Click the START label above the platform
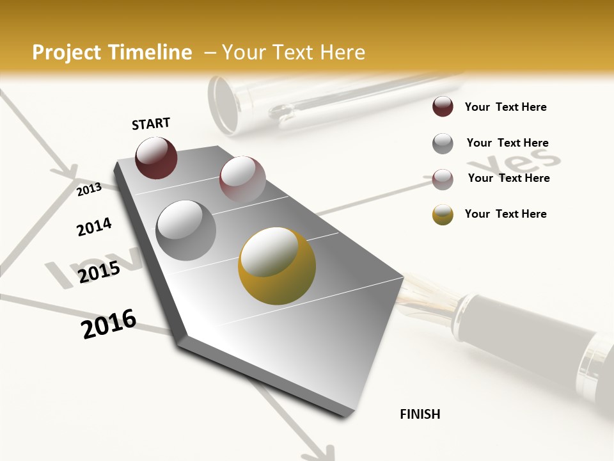pyautogui.click(x=151, y=124)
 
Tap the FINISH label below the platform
pyautogui.click(x=420, y=414)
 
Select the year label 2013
pyautogui.click(x=90, y=190)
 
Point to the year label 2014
pyautogui.click(x=94, y=227)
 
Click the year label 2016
pyautogui.click(x=109, y=324)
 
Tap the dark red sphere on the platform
pyautogui.click(x=156, y=158)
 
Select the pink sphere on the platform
pyautogui.click(x=242, y=179)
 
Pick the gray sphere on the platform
pyautogui.click(x=185, y=230)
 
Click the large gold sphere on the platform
pyautogui.click(x=276, y=264)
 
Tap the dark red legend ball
pyautogui.click(x=443, y=107)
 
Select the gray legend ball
pyautogui.click(x=443, y=143)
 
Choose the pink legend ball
pyautogui.click(x=443, y=179)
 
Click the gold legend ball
pyautogui.click(x=443, y=214)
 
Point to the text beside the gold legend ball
pyautogui.click(x=505, y=214)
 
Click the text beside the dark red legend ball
pyautogui.click(x=505, y=107)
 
